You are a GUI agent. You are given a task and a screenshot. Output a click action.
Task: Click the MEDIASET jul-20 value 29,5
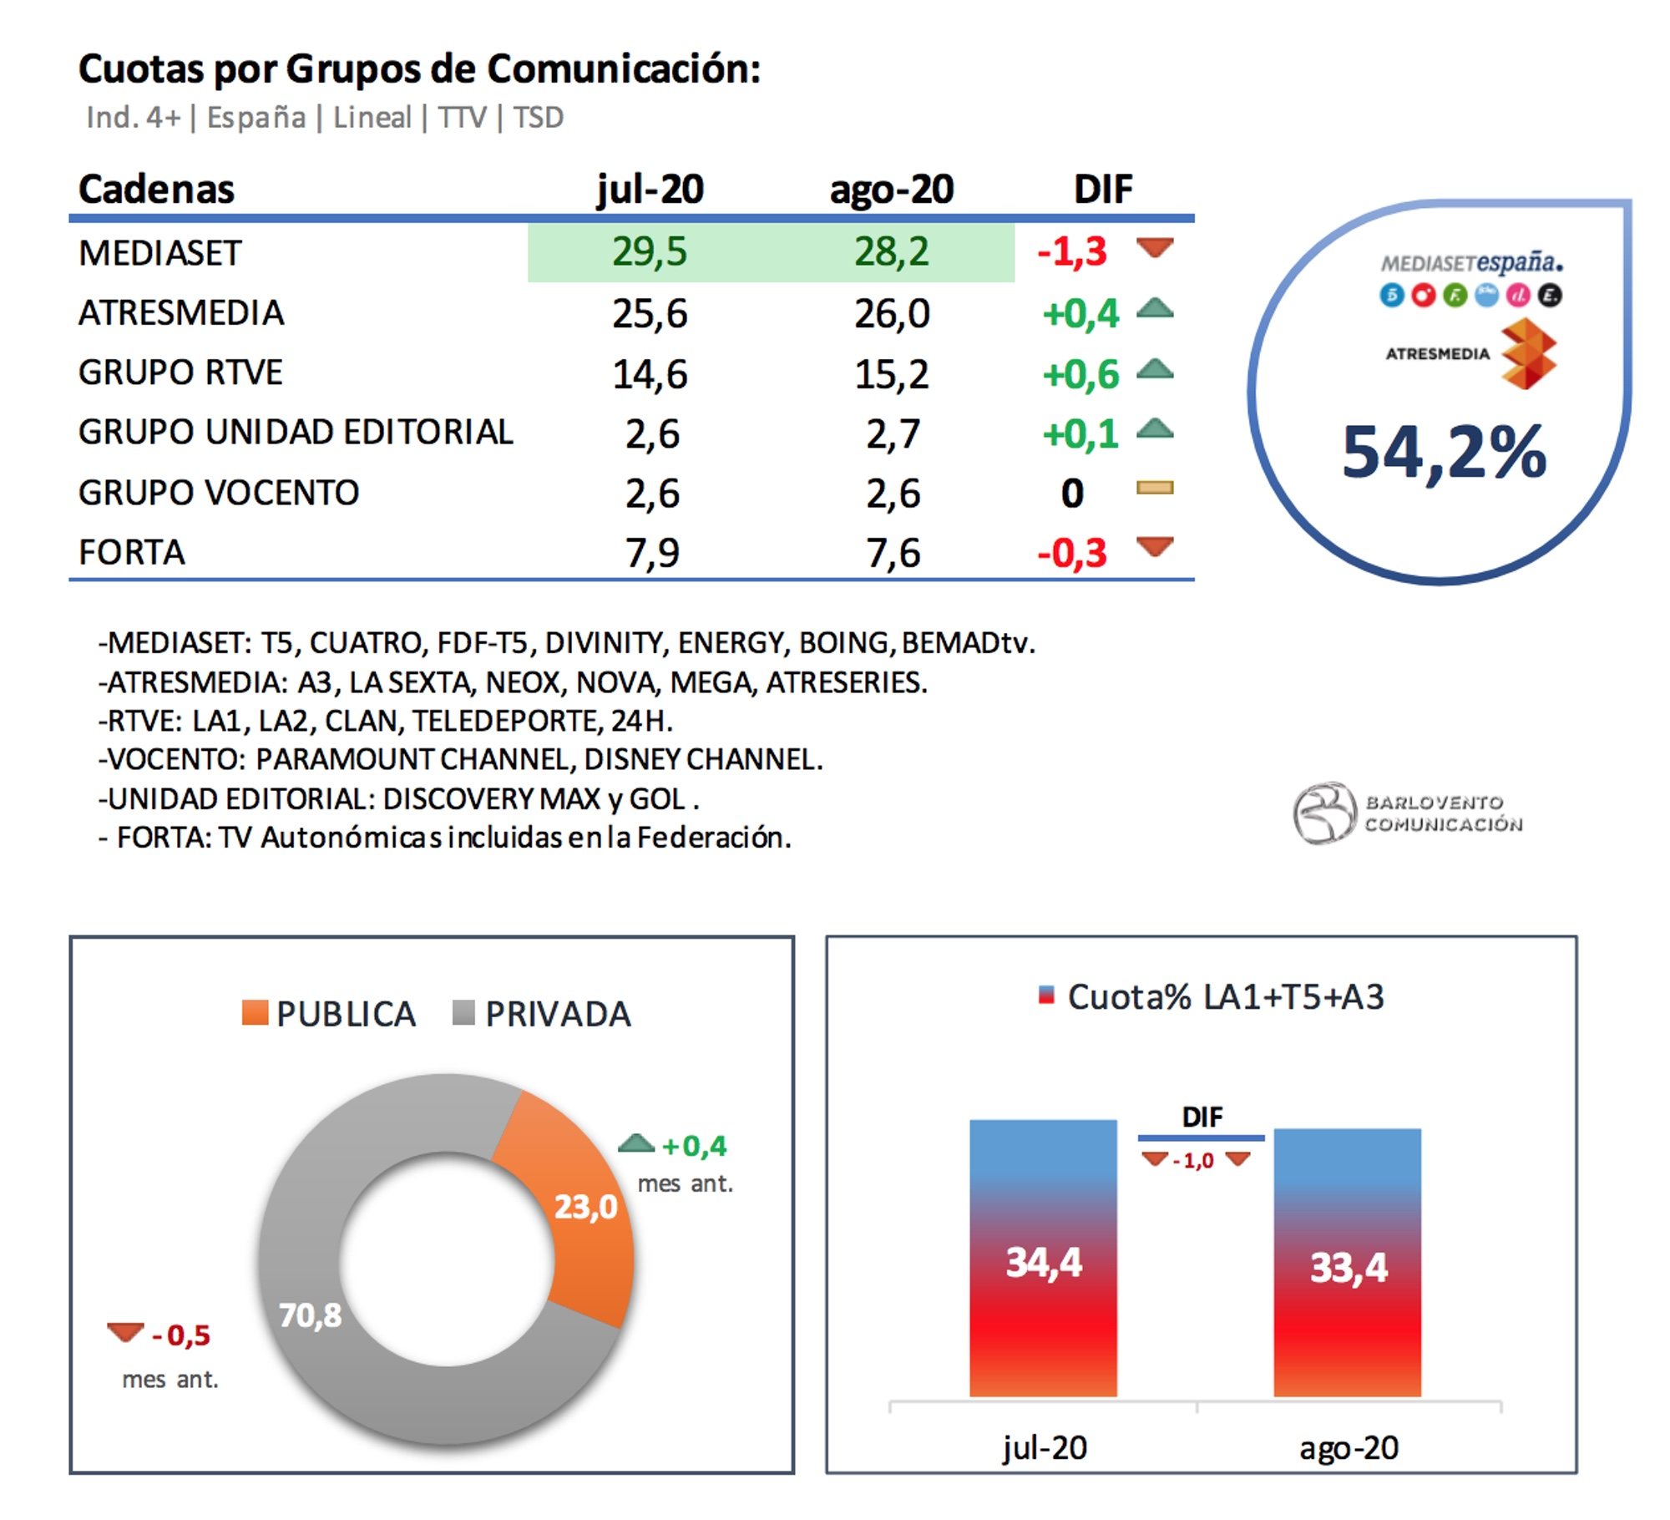tap(649, 251)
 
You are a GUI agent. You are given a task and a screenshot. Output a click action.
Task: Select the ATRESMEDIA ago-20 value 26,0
tap(891, 314)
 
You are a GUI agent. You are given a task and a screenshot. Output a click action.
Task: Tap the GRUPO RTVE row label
tap(180, 372)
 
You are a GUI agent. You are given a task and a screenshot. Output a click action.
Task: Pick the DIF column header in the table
tap(1102, 190)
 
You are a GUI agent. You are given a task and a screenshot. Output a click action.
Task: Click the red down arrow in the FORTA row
tap(1155, 547)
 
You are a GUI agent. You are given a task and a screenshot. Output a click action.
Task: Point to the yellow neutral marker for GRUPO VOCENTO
tap(1155, 488)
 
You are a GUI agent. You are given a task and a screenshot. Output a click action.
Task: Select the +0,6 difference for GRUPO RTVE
tap(1080, 374)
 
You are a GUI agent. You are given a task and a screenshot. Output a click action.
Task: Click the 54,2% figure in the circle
tap(1444, 453)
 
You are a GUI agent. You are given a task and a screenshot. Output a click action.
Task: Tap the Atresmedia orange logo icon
tap(1527, 354)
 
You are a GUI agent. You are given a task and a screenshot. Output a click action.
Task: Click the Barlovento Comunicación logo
tap(1408, 813)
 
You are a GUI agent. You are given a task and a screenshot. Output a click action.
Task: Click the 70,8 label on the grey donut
tap(310, 1315)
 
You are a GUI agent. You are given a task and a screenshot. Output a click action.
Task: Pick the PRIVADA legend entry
tap(542, 1014)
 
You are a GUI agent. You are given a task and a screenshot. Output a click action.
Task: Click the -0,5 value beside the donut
tap(180, 1335)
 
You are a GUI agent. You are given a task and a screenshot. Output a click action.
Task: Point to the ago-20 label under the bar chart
tap(1348, 1448)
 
